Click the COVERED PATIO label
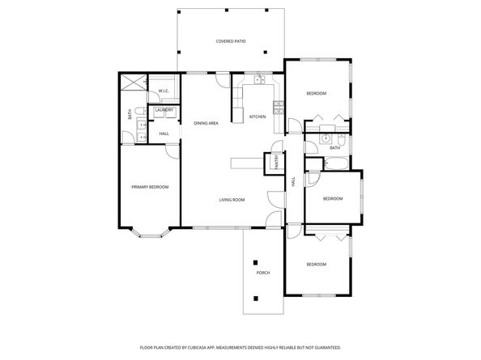[230, 40]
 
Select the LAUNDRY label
[164, 112]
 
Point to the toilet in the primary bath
[139, 112]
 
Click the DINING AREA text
[206, 123]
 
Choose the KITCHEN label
[258, 116]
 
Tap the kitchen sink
[259, 80]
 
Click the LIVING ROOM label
[232, 200]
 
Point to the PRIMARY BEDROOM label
[150, 187]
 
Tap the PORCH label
[263, 273]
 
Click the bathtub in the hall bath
[334, 164]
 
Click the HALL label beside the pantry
[293, 183]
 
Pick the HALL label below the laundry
[164, 133]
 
